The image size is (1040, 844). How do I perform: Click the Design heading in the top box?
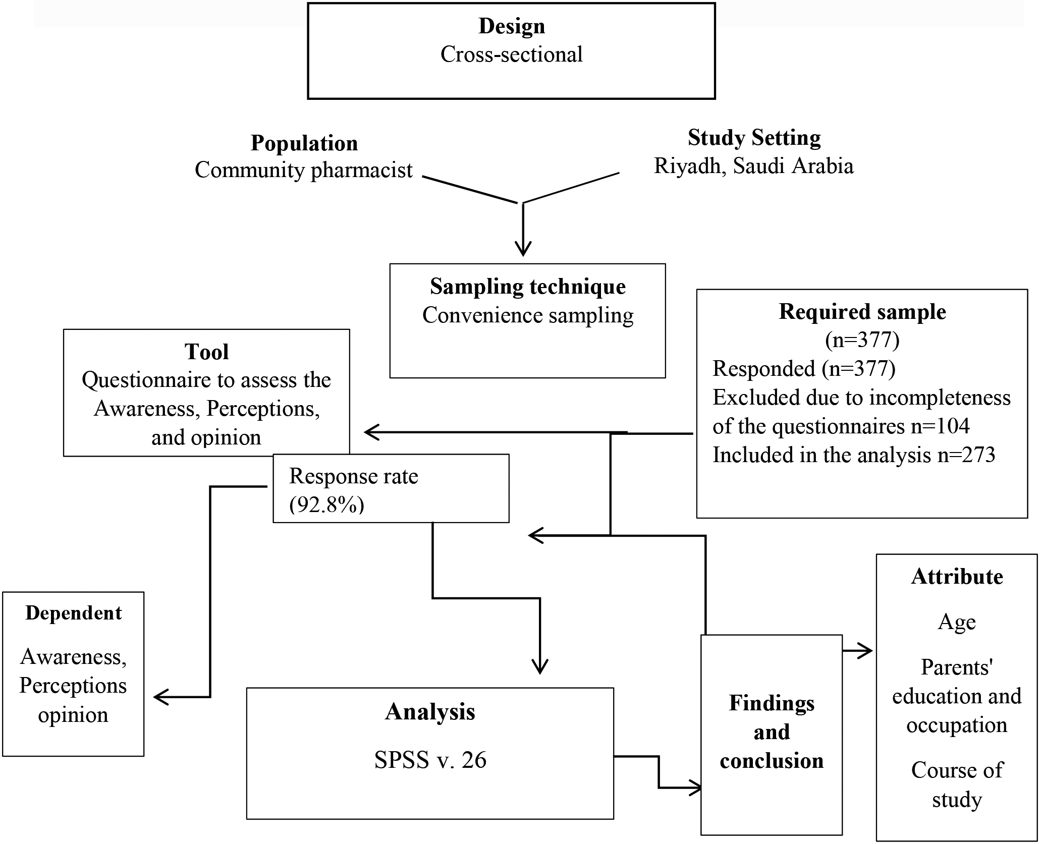[x=512, y=26]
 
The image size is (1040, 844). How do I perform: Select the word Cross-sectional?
[x=512, y=54]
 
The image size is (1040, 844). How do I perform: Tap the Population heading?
[x=304, y=144]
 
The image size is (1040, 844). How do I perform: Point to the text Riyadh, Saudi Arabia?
[x=754, y=166]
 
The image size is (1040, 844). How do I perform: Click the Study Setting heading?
[x=754, y=138]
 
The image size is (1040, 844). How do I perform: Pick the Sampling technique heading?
[x=528, y=287]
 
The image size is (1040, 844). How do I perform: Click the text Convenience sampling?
[x=528, y=316]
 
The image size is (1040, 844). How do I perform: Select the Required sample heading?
[x=862, y=312]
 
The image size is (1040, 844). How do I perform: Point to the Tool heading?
[x=206, y=352]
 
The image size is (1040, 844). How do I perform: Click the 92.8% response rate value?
[x=327, y=505]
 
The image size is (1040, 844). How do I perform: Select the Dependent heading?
[x=74, y=613]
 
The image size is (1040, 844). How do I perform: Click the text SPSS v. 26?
[x=430, y=760]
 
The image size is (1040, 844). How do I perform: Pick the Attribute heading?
[x=957, y=577]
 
